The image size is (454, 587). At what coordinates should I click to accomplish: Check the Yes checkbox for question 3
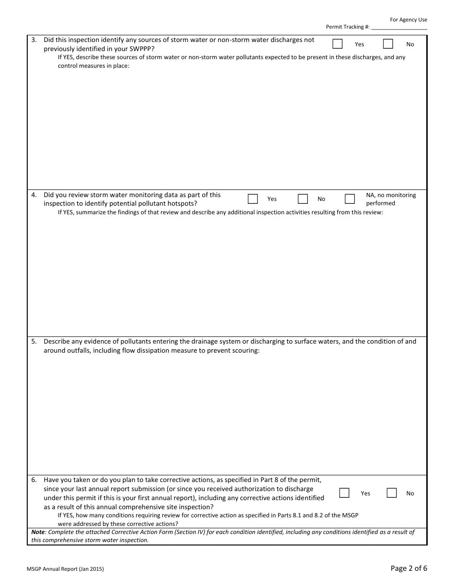click(337, 44)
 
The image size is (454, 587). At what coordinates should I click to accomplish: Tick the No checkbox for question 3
click(388, 44)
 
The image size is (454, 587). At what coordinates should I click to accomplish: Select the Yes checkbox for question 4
click(253, 199)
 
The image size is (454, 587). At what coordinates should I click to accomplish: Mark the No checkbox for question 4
click(303, 199)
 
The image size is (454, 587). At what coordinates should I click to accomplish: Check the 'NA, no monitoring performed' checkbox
click(350, 199)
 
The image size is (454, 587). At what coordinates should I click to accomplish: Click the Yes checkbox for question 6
click(344, 493)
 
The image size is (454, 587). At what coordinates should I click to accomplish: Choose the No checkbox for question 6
click(391, 493)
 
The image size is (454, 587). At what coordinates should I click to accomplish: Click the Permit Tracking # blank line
click(399, 28)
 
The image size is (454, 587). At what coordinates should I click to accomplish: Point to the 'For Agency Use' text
click(408, 20)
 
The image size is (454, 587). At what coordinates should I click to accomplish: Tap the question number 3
click(34, 40)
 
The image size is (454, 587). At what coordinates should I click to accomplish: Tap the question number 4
click(34, 195)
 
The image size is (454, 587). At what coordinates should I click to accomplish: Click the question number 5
click(34, 341)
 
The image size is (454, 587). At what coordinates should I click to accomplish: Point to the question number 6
click(34, 480)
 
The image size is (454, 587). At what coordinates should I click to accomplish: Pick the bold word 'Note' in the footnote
click(38, 532)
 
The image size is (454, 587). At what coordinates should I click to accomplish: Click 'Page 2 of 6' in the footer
click(409, 568)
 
